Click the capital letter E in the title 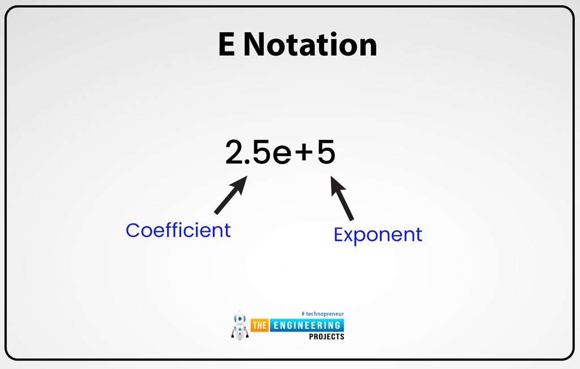[227, 45]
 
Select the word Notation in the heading [310, 45]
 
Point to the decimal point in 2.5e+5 [249, 163]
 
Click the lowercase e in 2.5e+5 [282, 155]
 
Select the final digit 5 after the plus [326, 153]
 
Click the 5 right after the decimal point [261, 153]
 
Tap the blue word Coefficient [178, 230]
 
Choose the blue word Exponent [378, 235]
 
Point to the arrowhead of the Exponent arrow [336, 183]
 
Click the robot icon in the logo [240, 326]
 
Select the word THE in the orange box [259, 326]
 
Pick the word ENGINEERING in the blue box [306, 325]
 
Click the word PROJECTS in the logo [326, 337]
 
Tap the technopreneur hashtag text [322, 313]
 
